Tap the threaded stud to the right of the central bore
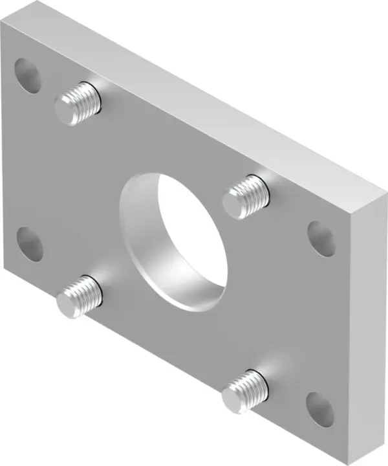click(x=246, y=195)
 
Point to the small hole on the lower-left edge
click(x=29, y=244)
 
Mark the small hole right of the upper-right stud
click(x=321, y=238)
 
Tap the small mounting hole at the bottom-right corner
click(x=320, y=409)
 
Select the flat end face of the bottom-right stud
click(x=233, y=396)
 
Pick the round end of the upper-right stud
click(x=234, y=203)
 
